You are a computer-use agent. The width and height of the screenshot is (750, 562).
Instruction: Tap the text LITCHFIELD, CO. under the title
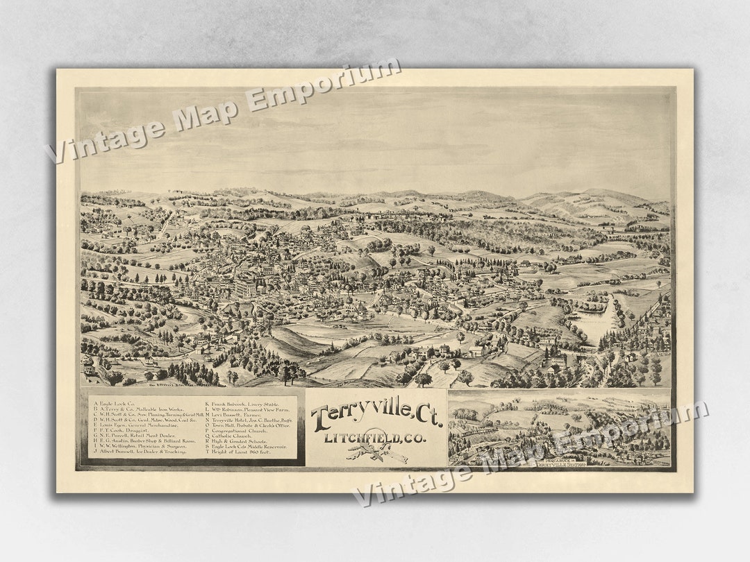pos(375,437)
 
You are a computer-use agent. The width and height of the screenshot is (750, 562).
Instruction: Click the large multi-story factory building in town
pos(244,287)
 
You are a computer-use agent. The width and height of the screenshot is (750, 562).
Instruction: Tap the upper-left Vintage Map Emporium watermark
pos(222,111)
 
